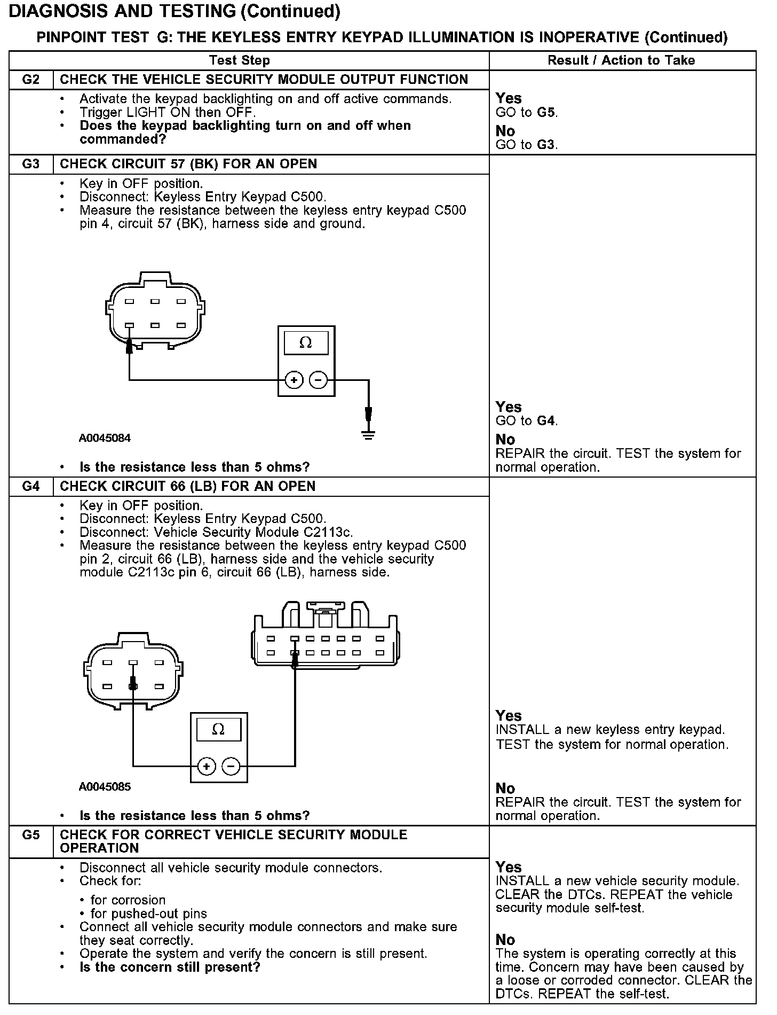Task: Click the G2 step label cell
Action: pos(31,80)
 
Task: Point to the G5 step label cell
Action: pos(31,835)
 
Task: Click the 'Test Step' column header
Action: pos(240,60)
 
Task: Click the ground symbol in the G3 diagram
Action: pos(368,434)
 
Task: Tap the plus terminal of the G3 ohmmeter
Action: pos(294,380)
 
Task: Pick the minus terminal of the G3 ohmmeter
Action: pos(319,380)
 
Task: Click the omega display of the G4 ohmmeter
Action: pos(218,730)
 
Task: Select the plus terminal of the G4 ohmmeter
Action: pos(207,767)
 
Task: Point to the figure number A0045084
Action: pos(105,439)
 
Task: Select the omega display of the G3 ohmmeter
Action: pos(306,342)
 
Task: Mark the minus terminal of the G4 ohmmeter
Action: pos(231,767)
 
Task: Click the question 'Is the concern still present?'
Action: pos(170,967)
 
